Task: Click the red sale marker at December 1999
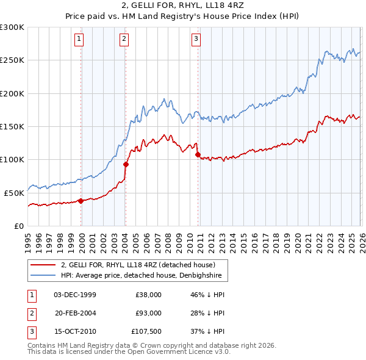(81, 201)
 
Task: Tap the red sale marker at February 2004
(126, 164)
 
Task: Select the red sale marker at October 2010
(198, 155)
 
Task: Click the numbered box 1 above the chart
(80, 40)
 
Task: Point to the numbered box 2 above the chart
(124, 40)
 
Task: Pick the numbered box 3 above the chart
(196, 40)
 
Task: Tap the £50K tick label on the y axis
(15, 193)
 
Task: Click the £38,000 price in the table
(148, 294)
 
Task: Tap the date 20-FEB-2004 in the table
(76, 313)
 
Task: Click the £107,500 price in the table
(146, 332)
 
